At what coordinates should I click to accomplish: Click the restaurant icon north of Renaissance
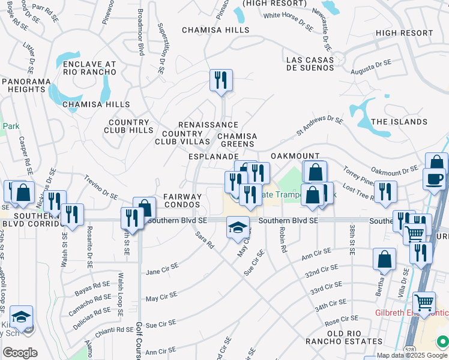pos(221,79)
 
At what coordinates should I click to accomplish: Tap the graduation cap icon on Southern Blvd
pos(238,227)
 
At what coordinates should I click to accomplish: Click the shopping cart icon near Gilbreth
pos(424,303)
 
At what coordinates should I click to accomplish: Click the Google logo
pos(20,353)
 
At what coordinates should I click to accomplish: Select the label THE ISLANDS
pos(399,122)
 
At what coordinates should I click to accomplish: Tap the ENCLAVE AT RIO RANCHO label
pos(89,68)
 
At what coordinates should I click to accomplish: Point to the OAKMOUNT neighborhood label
pos(294,155)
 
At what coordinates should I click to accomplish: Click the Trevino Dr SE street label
pos(101,187)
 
